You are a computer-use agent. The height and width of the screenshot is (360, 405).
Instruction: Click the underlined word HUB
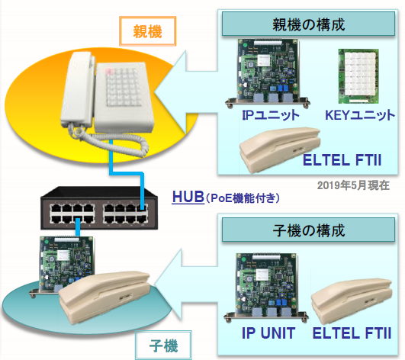pyautogui.click(x=188, y=198)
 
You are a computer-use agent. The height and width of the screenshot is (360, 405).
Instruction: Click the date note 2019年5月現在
pyautogui.click(x=353, y=185)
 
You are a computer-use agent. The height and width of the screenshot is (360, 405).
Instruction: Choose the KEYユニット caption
pyautogui.click(x=359, y=116)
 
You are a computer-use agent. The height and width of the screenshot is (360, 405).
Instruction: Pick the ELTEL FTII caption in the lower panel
pyautogui.click(x=351, y=333)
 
